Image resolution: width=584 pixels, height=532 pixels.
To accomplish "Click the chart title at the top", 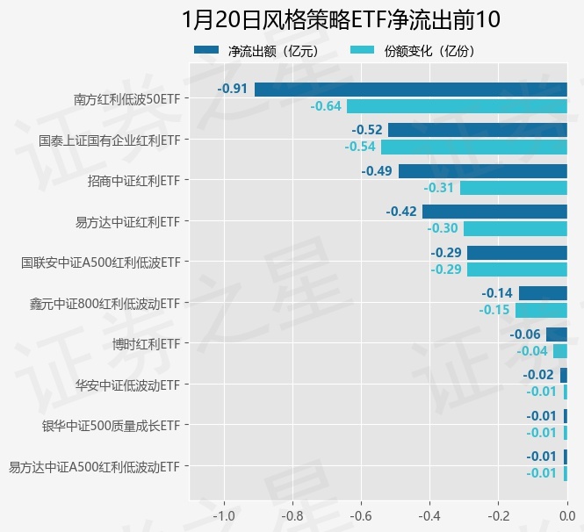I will (342, 20).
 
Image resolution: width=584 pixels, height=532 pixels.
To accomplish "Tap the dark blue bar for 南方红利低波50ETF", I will (411, 90).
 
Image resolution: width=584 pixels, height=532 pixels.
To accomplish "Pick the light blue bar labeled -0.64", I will (457, 106).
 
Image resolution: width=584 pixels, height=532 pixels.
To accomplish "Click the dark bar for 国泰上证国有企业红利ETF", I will (477, 130).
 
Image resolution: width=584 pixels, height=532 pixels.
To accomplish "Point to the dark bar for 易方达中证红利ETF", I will (494, 212).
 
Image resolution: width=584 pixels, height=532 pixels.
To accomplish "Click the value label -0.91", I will (233, 90).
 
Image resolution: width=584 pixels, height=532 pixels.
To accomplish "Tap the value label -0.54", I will (360, 147).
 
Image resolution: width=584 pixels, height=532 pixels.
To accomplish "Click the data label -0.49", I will (378, 171).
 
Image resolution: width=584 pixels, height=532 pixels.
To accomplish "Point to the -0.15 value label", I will (494, 310).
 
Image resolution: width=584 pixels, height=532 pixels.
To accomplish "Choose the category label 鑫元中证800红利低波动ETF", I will (105, 303).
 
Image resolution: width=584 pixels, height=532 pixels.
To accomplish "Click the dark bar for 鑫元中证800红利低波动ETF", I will (543, 293).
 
